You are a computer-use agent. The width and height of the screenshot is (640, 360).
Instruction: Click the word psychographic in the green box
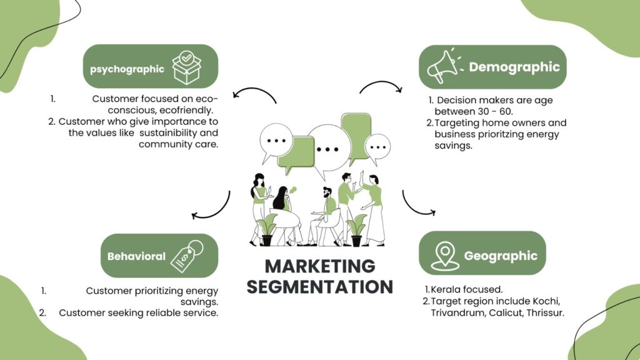127,69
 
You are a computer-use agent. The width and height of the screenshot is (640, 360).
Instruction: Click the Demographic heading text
514,67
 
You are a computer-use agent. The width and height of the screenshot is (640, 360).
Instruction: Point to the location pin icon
445,254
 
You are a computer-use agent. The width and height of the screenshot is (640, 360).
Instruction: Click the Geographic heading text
501,256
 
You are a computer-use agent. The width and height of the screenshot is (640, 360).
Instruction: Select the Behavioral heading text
136,256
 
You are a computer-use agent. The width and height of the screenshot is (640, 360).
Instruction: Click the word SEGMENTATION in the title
320,287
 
